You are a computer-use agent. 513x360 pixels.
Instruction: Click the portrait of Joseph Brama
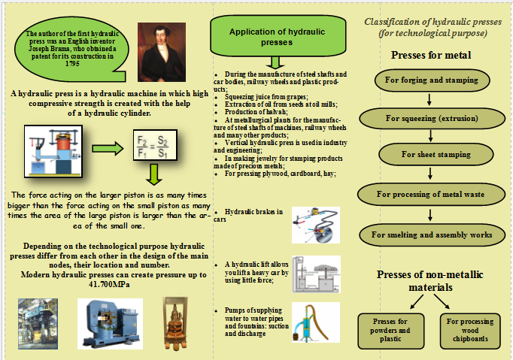pos(162,52)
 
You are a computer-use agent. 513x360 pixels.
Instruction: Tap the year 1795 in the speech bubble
pos(72,64)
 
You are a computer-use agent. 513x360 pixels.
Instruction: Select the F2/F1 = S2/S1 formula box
pos(155,145)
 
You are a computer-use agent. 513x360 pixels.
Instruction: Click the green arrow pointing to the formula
pos(108,149)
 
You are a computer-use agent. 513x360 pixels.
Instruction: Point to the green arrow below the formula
pos(154,174)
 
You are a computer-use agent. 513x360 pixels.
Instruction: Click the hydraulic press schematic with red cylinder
pos(53,151)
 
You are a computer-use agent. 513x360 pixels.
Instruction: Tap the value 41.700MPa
pos(109,284)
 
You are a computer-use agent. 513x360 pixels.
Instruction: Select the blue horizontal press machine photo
pos(110,324)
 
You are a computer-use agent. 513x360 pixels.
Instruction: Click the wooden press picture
pos(175,323)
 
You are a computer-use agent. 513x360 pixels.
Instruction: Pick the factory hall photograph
pos(38,324)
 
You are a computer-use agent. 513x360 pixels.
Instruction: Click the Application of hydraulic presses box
pos(278,37)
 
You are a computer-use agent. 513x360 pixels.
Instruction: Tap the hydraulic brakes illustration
pos(316,225)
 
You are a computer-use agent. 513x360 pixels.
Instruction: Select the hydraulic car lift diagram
pos(316,274)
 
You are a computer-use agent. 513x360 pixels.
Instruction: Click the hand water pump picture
pos(316,322)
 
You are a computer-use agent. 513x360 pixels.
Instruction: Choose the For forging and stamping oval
pos(432,80)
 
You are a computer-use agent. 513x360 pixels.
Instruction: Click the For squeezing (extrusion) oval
pos(432,118)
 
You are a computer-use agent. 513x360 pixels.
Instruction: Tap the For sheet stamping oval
pos(436,154)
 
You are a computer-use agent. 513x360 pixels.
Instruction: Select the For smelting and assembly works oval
pos(432,234)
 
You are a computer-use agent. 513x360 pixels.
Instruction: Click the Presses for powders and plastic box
pos(390,331)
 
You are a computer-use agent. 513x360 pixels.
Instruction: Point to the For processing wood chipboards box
pos(470,331)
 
